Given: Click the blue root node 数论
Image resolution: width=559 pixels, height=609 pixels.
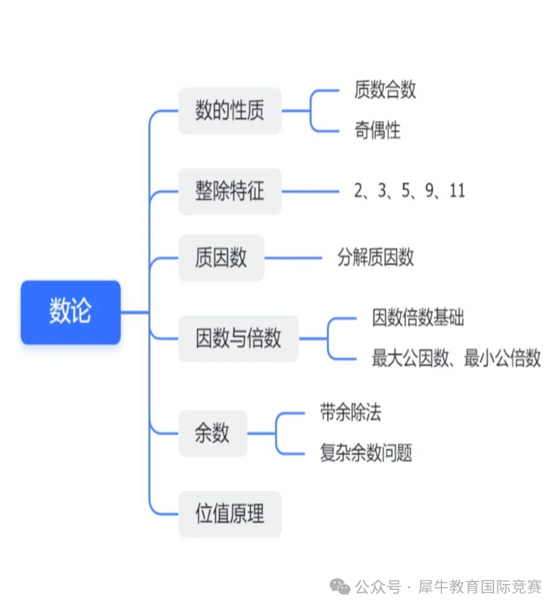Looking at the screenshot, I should pos(70,312).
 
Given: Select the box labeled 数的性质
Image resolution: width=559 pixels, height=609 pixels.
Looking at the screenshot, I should pos(229,111).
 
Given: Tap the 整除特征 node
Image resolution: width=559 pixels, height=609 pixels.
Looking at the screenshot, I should pos(229,191).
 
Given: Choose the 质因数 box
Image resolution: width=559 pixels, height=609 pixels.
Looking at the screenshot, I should pos(221,258).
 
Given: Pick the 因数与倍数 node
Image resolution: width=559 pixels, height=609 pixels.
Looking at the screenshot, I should pos(238,338).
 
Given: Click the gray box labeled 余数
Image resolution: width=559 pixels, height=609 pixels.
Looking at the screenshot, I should pos(212,433).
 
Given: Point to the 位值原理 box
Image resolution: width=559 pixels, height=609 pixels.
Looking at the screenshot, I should pos(229,514).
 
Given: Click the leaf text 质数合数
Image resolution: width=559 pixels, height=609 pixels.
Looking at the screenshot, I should pos(385,90).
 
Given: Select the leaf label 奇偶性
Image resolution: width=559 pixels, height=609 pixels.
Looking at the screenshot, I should pos(377,130).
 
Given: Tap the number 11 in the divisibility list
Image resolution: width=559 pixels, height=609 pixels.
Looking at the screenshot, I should pos(457,191).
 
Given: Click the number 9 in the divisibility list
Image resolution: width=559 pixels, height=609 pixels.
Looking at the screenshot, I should pos(430,191).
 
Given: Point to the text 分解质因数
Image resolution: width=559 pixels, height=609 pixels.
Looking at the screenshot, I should pos(375,257).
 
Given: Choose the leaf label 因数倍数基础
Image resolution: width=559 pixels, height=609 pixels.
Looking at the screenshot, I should pos(418,318).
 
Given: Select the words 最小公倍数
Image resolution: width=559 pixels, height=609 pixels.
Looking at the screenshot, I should pos(502,358).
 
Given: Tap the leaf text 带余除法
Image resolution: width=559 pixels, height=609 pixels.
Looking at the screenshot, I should pos(350,413).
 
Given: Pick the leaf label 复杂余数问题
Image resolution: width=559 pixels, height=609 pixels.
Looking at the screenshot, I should pos(366,453).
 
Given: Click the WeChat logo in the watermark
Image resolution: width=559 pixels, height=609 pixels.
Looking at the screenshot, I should pos(341,587).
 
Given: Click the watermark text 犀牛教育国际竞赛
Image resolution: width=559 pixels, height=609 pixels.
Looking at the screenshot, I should pos(480,587).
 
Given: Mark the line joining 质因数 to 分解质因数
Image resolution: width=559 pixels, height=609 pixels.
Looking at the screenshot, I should pos(293,258).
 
